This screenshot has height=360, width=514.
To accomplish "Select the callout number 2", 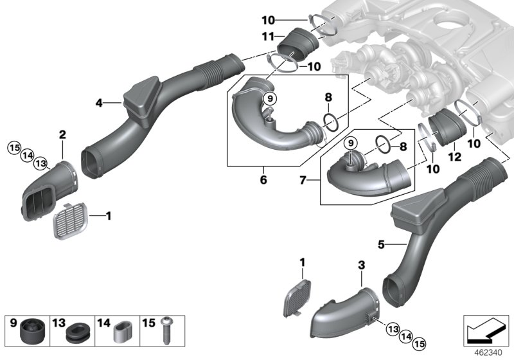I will tap(62, 134).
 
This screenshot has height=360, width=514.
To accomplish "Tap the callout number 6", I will tap(263, 181).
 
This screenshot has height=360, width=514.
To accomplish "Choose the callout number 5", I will tap(381, 244).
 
